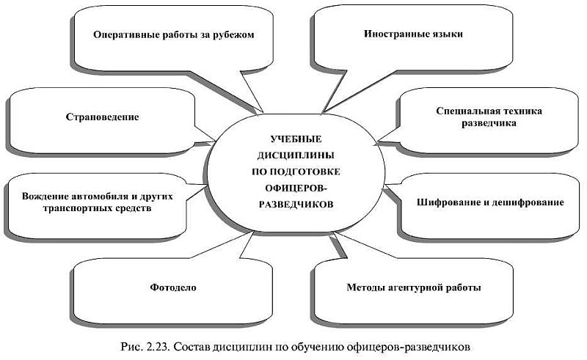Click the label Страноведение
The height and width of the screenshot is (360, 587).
(x=102, y=117)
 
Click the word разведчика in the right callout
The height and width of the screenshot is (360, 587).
(x=489, y=123)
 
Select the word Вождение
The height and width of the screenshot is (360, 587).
(x=44, y=196)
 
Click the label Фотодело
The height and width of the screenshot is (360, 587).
(x=173, y=287)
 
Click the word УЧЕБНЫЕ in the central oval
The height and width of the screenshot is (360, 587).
(x=296, y=139)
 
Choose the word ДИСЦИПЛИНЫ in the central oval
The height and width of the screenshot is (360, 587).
(x=296, y=155)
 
